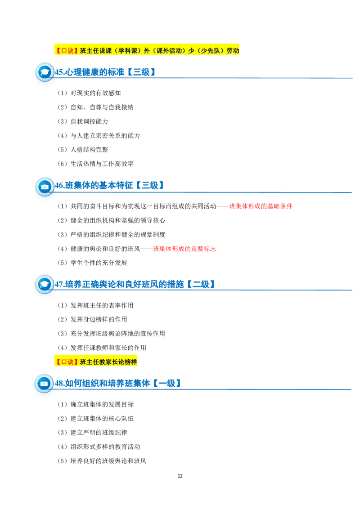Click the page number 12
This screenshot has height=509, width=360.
point(180,476)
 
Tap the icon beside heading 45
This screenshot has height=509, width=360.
point(45,72)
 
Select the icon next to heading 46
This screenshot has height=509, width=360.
point(45,186)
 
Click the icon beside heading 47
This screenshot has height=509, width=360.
point(44,284)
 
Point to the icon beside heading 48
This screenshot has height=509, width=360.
point(44,384)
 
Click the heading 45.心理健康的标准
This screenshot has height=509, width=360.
point(90,72)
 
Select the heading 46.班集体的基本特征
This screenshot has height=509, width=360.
point(94,185)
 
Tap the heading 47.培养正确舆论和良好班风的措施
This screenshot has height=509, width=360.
point(119,284)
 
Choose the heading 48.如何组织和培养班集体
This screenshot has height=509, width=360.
point(102,384)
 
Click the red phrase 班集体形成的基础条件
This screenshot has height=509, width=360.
point(261,206)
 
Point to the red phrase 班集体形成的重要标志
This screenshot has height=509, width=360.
point(184,249)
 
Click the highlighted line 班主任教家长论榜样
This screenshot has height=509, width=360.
point(95,362)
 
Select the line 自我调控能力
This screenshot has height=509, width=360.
point(89,121)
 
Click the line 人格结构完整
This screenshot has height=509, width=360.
point(89,150)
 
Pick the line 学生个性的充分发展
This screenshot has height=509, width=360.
point(99,263)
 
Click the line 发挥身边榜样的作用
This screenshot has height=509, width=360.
point(99,319)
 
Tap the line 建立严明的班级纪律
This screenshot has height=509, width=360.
point(99,433)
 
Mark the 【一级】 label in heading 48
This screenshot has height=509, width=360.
point(166,384)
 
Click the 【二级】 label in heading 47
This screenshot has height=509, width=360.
point(201,284)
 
